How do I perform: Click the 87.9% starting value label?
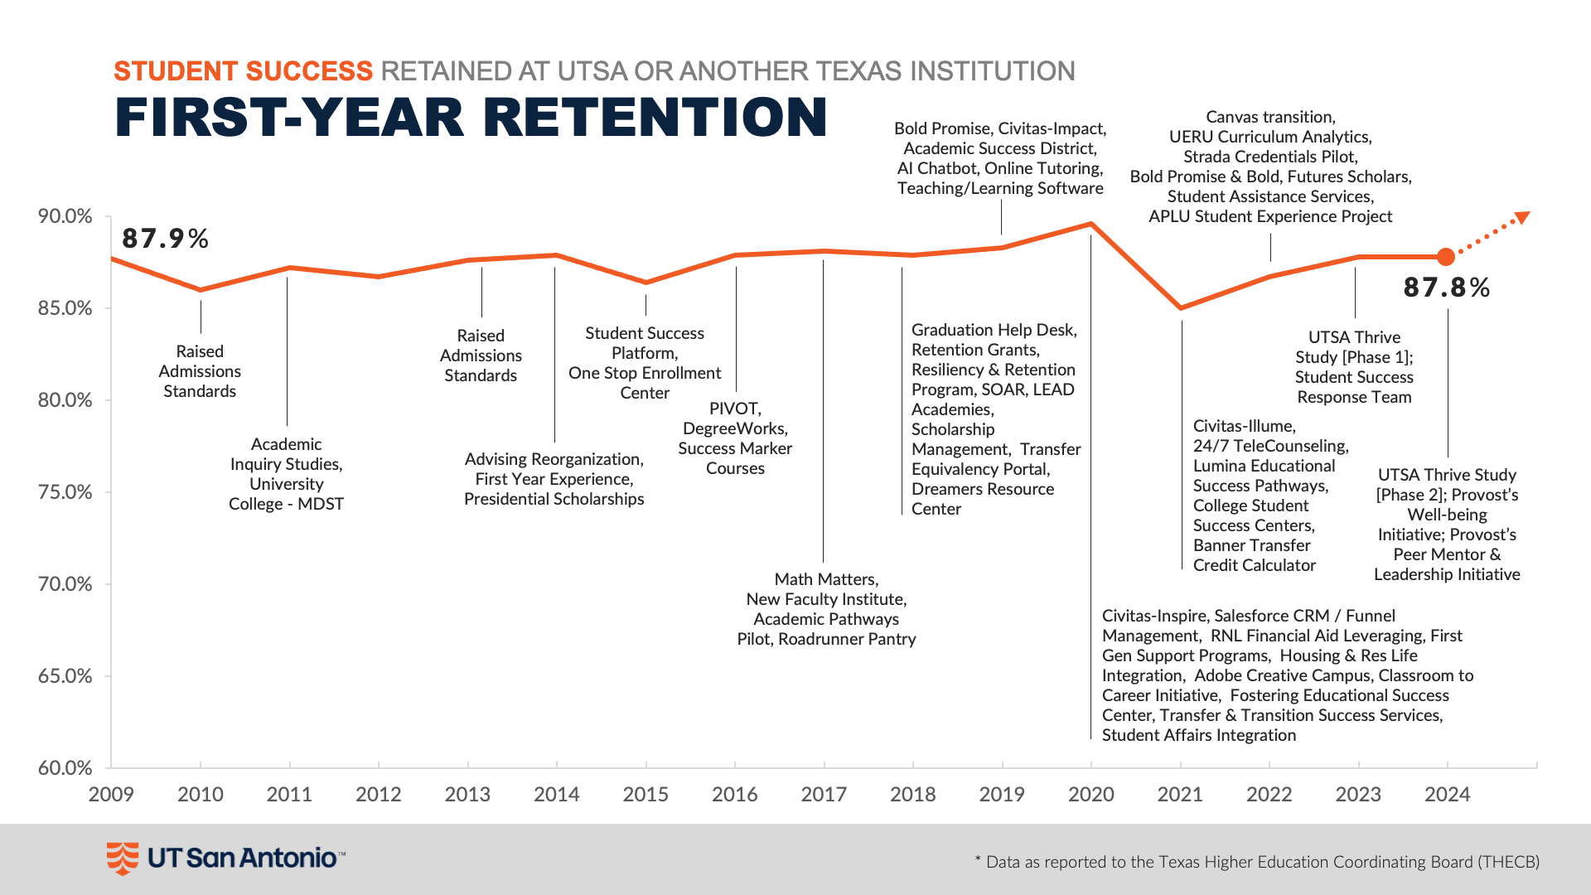[x=165, y=239]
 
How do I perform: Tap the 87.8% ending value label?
[x=1447, y=288]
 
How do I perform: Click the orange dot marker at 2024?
[x=1446, y=257]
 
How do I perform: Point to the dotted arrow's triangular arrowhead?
[x=1521, y=218]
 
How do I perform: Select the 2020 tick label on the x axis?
[x=1090, y=794]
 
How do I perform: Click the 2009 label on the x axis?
[x=111, y=794]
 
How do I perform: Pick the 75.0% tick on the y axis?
[x=65, y=492]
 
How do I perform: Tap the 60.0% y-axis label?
[x=65, y=767]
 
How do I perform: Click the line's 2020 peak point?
[x=1090, y=224]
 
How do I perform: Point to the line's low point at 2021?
[x=1181, y=308]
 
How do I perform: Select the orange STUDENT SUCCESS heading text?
[x=243, y=71]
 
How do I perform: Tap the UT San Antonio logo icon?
[x=123, y=858]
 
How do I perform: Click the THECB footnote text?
[x=1257, y=862]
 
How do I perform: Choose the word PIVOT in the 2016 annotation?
[x=733, y=409]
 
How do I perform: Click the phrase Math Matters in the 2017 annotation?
[x=824, y=579]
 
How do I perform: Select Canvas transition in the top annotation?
[x=1269, y=117]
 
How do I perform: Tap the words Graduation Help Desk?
[x=993, y=330]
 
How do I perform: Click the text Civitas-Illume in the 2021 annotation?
[x=1243, y=426]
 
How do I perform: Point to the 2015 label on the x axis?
[x=646, y=794]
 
